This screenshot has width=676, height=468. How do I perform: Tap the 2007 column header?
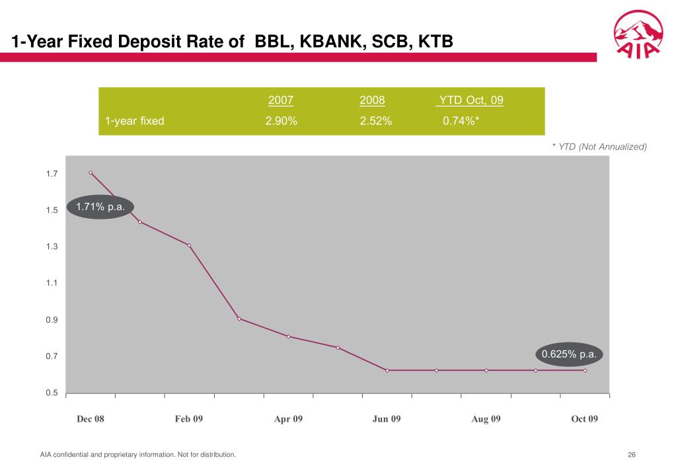pyautogui.click(x=281, y=100)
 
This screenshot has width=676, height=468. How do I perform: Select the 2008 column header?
pyautogui.click(x=372, y=100)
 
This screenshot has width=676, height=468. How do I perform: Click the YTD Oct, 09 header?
pyautogui.click(x=470, y=100)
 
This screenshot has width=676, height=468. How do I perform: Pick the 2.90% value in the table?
pyautogui.click(x=281, y=121)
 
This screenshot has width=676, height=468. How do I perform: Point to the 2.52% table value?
pyautogui.click(x=376, y=121)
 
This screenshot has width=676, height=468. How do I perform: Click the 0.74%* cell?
pyautogui.click(x=461, y=121)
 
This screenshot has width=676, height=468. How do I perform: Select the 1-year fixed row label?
pyautogui.click(x=135, y=121)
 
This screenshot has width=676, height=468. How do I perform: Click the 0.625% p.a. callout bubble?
pyautogui.click(x=569, y=354)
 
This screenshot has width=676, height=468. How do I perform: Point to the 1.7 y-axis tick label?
pyautogui.click(x=52, y=174)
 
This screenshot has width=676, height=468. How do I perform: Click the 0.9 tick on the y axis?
pyautogui.click(x=52, y=320)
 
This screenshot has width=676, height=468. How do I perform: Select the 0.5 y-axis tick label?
pyautogui.click(x=52, y=393)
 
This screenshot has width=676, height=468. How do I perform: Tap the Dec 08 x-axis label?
pyautogui.click(x=91, y=419)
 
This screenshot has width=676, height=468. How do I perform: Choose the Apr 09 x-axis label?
pyautogui.click(x=288, y=419)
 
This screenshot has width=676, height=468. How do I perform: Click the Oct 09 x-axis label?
pyautogui.click(x=584, y=419)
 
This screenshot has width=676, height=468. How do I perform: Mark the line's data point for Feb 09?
pyautogui.click(x=189, y=245)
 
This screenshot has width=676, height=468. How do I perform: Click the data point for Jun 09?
pyautogui.click(x=387, y=370)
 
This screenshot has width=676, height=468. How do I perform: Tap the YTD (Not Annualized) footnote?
pyautogui.click(x=599, y=146)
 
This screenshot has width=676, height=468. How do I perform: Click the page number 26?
pyautogui.click(x=632, y=455)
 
